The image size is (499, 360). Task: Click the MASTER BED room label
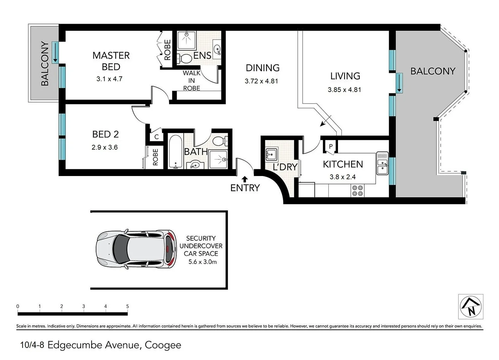[111, 61]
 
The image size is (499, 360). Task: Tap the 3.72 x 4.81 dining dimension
[261, 81]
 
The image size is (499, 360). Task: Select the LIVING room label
[345, 76]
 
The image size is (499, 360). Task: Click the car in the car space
[136, 249]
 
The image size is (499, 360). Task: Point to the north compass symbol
[470, 306]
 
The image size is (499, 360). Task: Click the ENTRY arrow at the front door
[245, 179]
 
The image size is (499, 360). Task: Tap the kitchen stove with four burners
[358, 191]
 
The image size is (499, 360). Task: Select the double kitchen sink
[382, 163]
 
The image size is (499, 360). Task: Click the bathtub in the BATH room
[175, 151]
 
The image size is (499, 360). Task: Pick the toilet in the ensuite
[185, 59]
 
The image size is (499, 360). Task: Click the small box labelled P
[331, 146]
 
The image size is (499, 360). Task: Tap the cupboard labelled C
[156, 137]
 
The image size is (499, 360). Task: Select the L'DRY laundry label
[285, 167]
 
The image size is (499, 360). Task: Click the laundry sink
[271, 154]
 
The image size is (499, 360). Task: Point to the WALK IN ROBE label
[192, 80]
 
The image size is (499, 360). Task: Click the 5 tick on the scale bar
[127, 306]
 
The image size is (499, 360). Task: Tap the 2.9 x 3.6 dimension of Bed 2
[105, 147]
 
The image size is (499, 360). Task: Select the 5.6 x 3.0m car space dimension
[202, 262]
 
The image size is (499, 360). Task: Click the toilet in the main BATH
[219, 141]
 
